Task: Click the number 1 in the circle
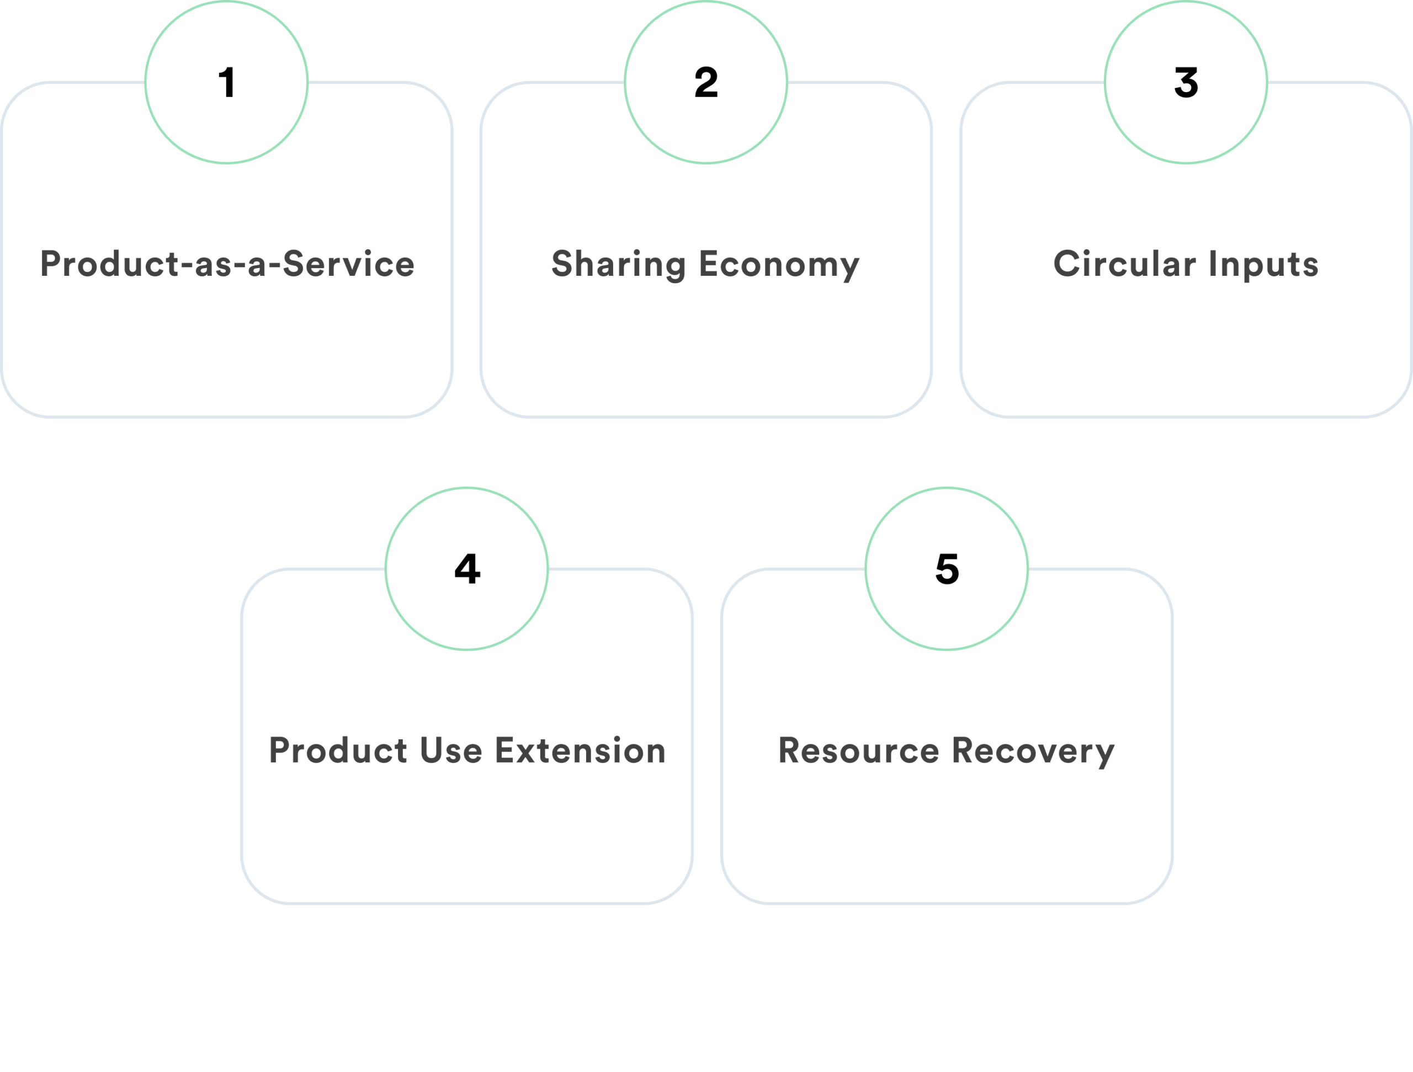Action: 227,83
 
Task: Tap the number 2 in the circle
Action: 706,83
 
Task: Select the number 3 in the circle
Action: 1186,83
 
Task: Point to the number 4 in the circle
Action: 467,569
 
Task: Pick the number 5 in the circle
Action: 947,569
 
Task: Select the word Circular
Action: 1124,264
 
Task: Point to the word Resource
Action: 858,750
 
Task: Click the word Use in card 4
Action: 450,750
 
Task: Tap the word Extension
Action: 580,750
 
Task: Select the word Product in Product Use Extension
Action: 338,750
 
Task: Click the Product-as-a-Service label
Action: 227,264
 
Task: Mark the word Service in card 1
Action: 348,264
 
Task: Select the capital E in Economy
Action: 708,264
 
